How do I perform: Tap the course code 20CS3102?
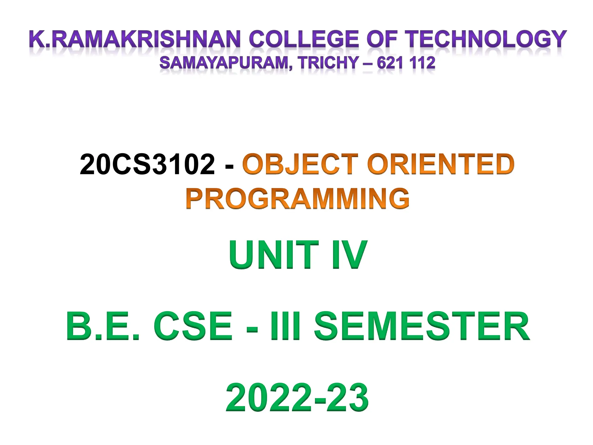147,164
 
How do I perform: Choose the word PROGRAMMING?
298,198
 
